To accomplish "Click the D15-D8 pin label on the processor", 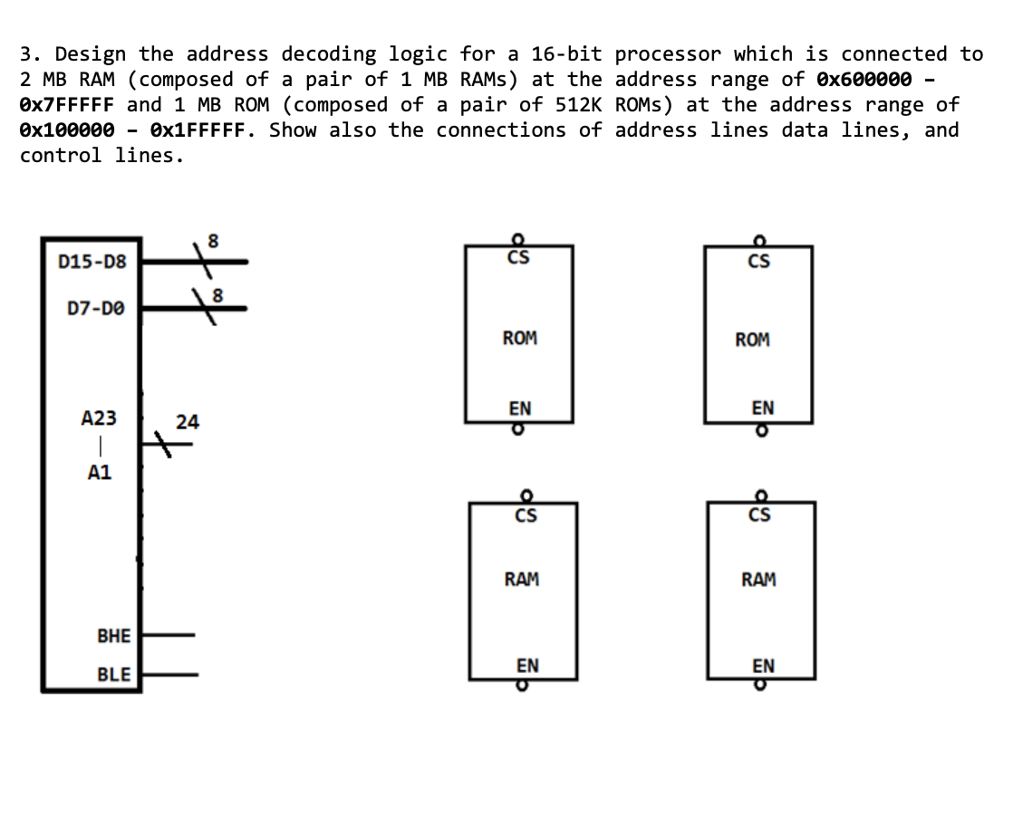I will [x=92, y=263].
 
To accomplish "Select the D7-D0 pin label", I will [x=97, y=309].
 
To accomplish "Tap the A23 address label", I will [x=99, y=418].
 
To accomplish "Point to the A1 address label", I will [x=99, y=472].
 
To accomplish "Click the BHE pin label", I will [x=113, y=636].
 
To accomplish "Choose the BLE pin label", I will [x=113, y=675].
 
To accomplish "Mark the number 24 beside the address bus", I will [x=188, y=422].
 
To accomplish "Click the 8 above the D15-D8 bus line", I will [x=213, y=241].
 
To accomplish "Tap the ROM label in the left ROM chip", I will [x=519, y=338].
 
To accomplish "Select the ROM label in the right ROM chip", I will [x=752, y=340].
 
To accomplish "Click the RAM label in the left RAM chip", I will [x=521, y=579].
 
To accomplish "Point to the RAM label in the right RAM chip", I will [x=758, y=579].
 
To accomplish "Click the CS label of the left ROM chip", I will [x=519, y=259].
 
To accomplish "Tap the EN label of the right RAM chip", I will [x=763, y=666].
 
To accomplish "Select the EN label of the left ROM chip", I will [x=519, y=408].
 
